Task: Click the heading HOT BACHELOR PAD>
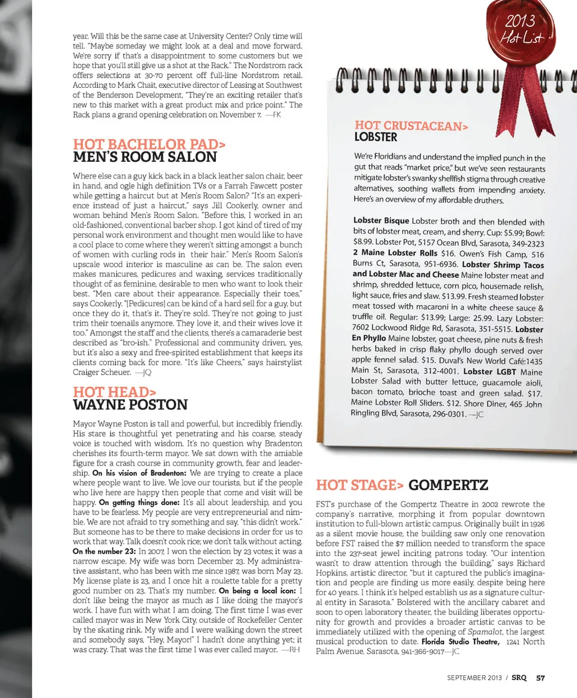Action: (x=150, y=144)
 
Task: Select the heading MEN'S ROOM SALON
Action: (x=144, y=158)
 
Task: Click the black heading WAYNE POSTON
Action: (x=130, y=405)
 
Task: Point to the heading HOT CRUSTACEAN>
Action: (x=411, y=126)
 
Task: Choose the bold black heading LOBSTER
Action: (x=376, y=137)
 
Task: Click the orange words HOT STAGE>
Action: (x=359, y=485)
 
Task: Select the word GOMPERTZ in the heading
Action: (x=448, y=485)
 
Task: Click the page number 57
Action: (x=540, y=678)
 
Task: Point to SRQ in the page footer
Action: (x=519, y=678)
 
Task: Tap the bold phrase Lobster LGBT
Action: (x=487, y=371)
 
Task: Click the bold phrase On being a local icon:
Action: (x=257, y=590)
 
